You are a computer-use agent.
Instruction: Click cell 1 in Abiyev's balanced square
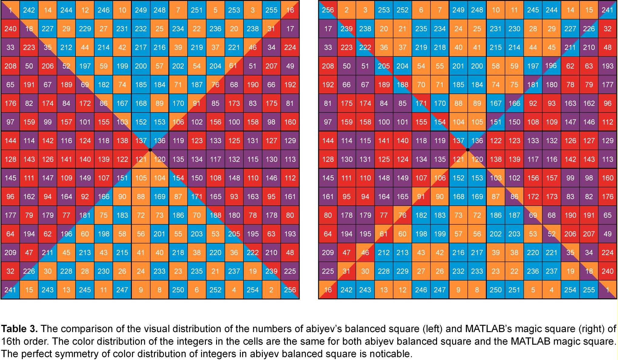[10, 10]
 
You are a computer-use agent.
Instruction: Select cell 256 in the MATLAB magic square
[328, 10]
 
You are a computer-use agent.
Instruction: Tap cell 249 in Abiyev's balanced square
[141, 10]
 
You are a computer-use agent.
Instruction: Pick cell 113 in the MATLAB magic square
[607, 159]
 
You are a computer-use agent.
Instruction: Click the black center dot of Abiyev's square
[150, 150]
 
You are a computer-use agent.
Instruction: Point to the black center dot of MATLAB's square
[468, 150]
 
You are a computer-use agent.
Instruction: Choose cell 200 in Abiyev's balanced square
[141, 66]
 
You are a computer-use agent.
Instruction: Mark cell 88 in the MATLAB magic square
[458, 103]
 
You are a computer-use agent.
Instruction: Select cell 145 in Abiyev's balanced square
[10, 178]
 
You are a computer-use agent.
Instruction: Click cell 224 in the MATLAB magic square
[607, 253]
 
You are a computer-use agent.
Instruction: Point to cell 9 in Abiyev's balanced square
[141, 290]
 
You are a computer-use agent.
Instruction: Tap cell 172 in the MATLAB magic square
[533, 197]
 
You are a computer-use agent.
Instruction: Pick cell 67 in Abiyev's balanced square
[48, 85]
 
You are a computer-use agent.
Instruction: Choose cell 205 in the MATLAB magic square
[384, 66]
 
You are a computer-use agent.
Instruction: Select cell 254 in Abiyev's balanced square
[253, 290]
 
